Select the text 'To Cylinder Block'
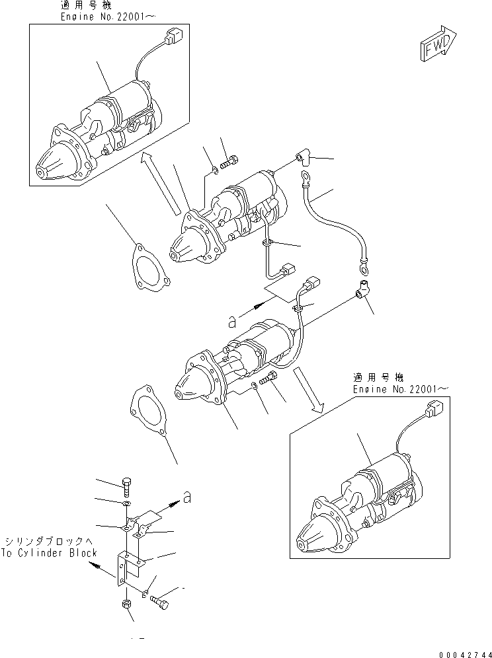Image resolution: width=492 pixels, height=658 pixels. click(x=49, y=553)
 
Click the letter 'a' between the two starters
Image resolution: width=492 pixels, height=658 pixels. click(x=231, y=321)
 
